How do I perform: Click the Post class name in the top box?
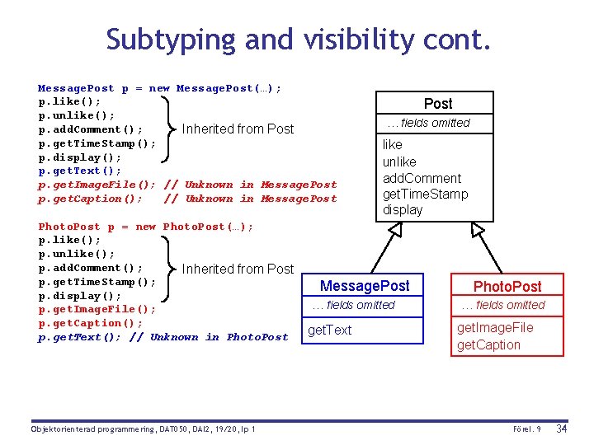click(x=438, y=104)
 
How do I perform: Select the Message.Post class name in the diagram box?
click(x=364, y=286)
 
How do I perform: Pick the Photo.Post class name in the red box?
click(x=507, y=287)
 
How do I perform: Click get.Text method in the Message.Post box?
click(x=329, y=330)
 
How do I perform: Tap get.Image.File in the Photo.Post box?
click(x=495, y=328)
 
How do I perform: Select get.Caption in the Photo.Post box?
click(x=488, y=345)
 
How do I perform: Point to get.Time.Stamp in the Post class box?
click(x=425, y=194)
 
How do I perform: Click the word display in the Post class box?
click(x=402, y=210)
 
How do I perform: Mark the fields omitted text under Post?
click(x=428, y=124)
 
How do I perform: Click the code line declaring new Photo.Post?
click(x=146, y=227)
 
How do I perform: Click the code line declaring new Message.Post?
click(x=159, y=88)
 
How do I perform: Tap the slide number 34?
click(x=562, y=429)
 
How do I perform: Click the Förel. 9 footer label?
click(x=526, y=429)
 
